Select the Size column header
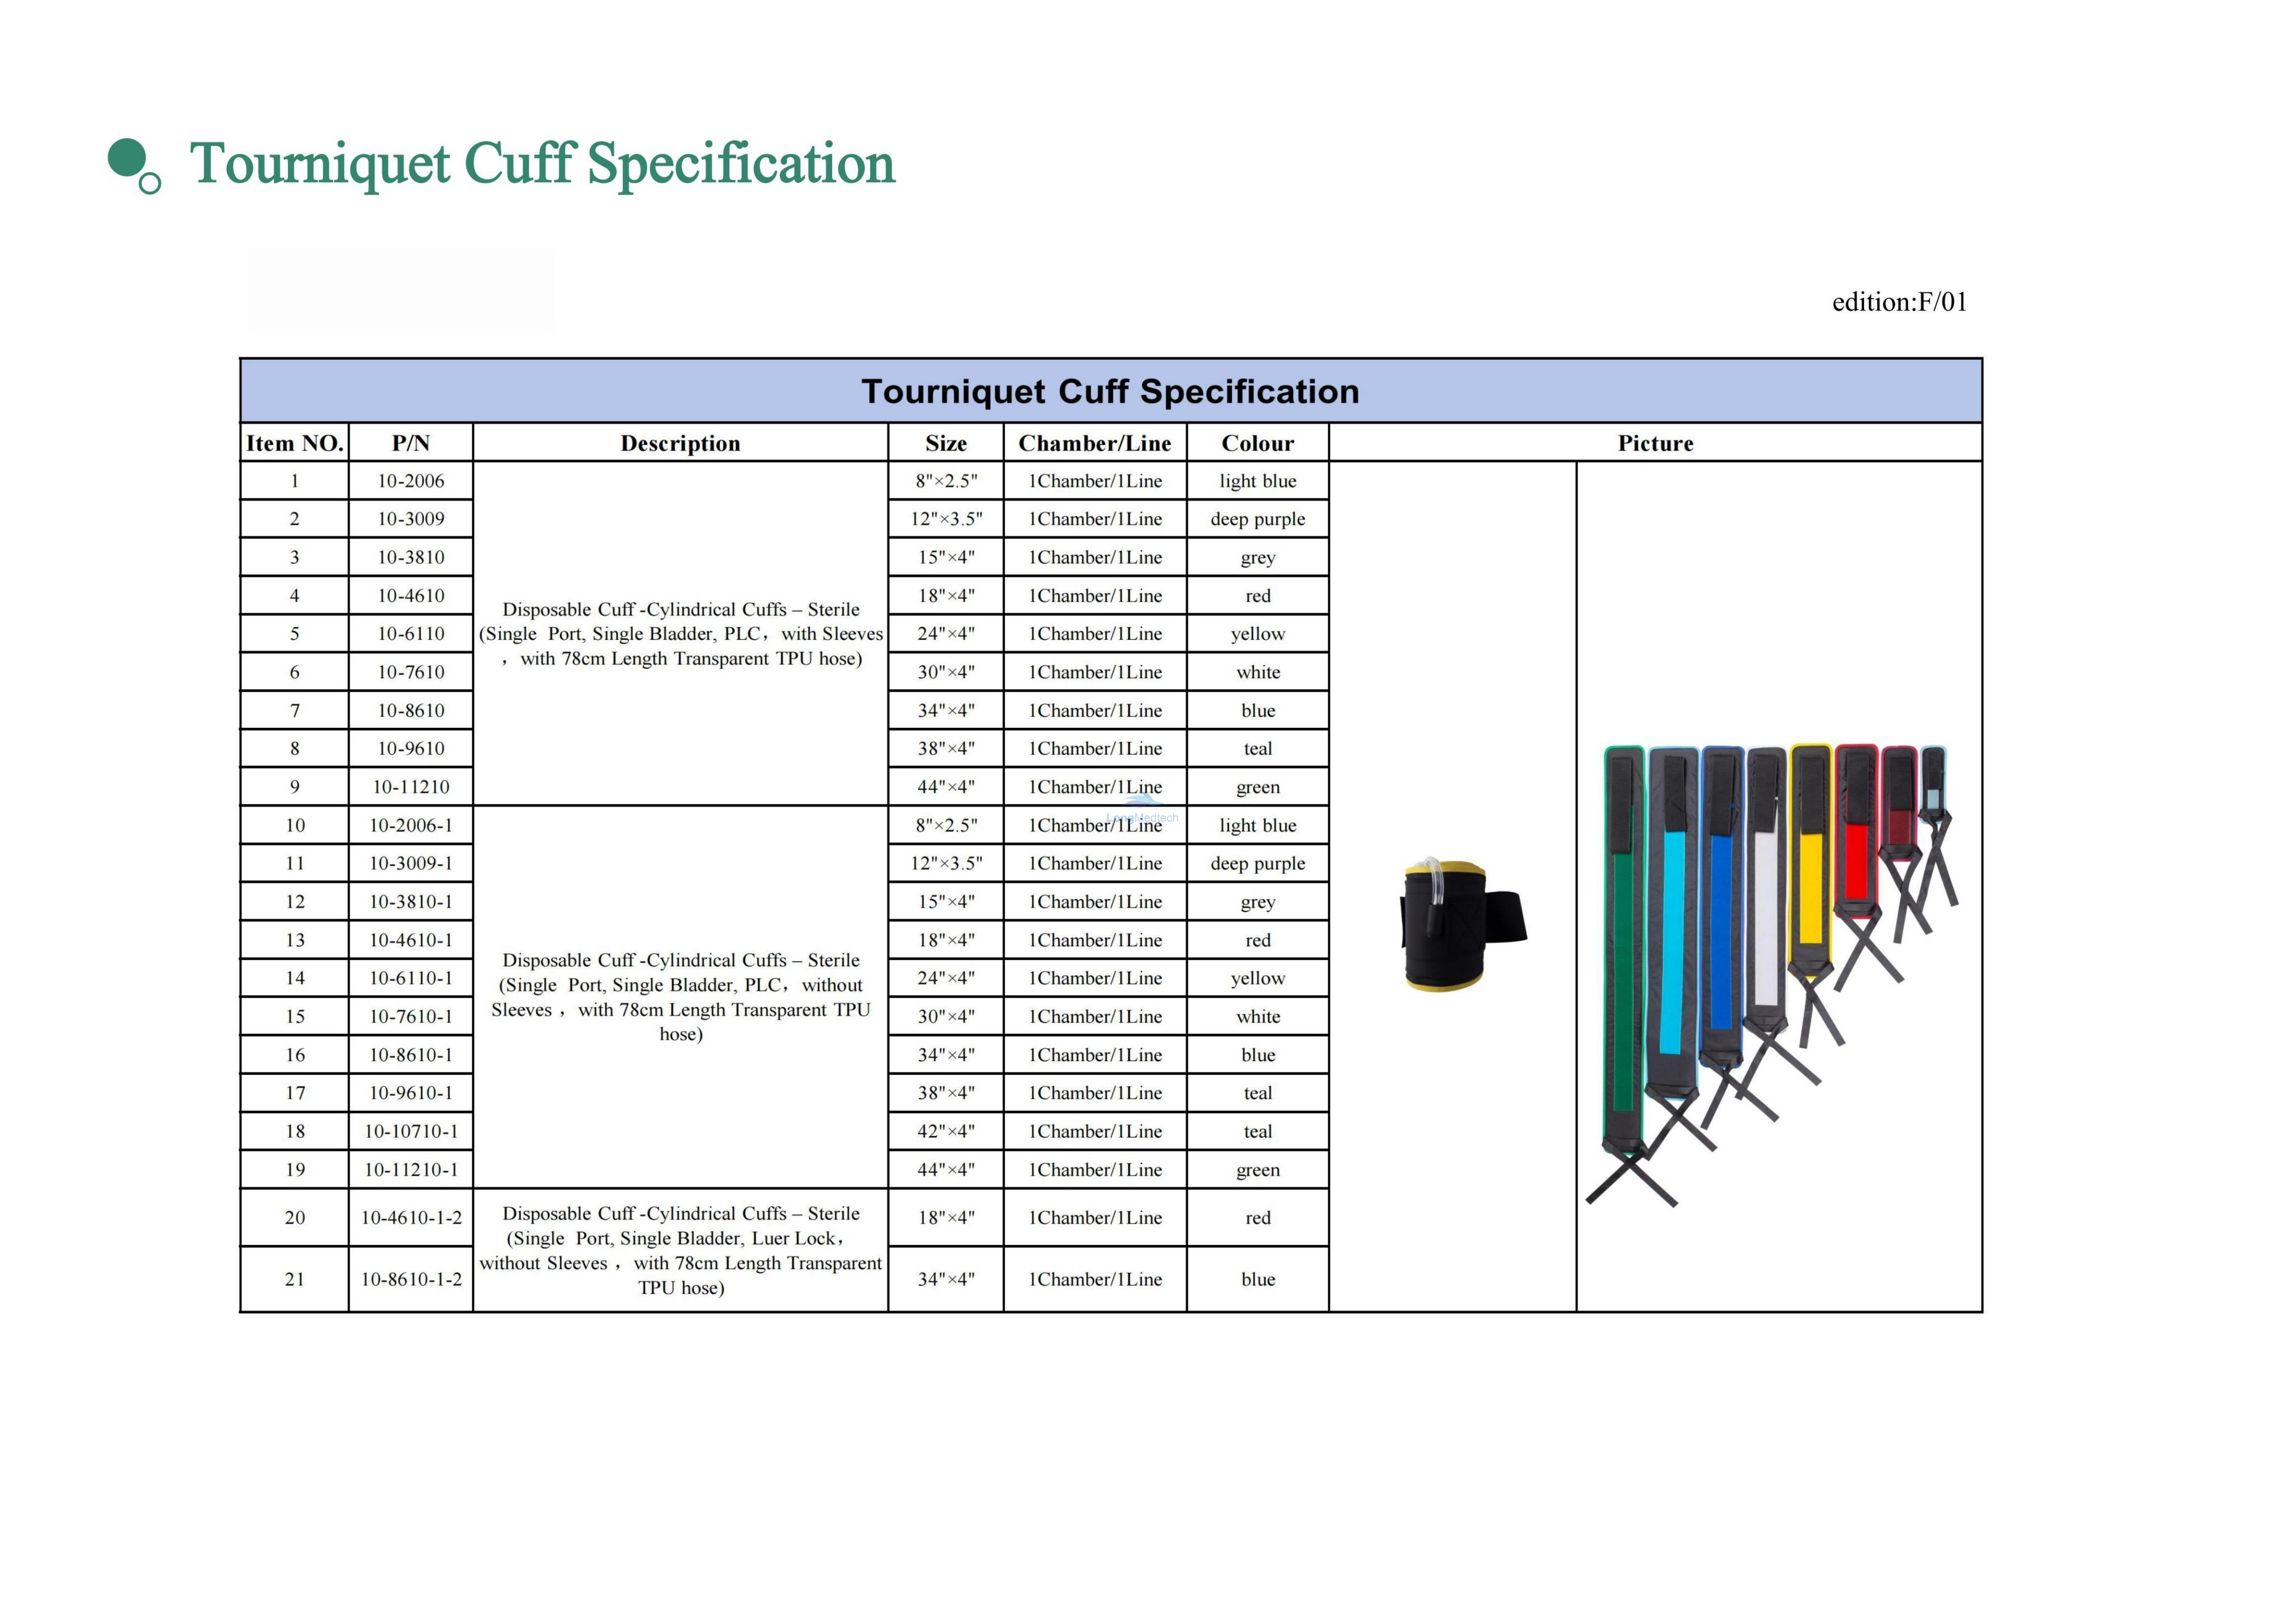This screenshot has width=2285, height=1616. (x=946, y=443)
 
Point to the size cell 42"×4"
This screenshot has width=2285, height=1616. (x=946, y=1131)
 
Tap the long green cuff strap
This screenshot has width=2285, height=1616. (x=1623, y=950)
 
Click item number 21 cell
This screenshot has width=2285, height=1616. (x=295, y=1279)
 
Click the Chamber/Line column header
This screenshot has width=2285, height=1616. (x=1095, y=443)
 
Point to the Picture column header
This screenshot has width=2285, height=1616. (x=1655, y=443)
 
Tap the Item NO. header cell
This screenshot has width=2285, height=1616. (x=295, y=443)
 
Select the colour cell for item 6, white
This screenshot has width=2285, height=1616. (x=1258, y=672)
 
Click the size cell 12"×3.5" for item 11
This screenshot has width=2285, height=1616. (x=946, y=863)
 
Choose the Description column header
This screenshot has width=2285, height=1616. (x=681, y=443)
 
